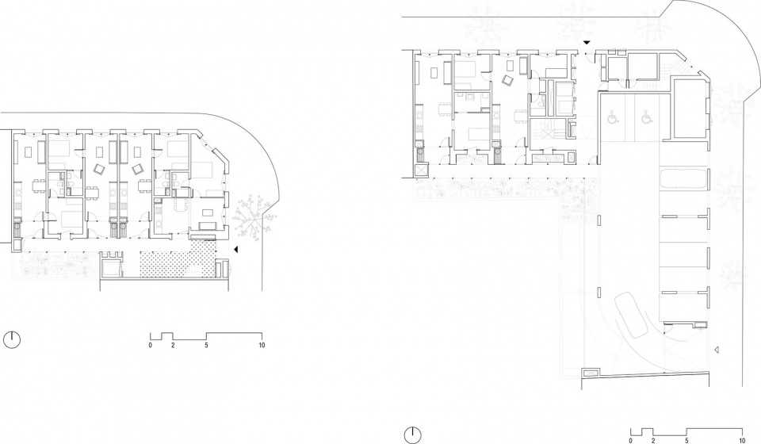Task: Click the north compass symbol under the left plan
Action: click(12, 339)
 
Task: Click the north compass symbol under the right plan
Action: click(412, 435)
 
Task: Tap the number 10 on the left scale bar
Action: click(262, 346)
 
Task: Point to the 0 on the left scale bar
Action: click(151, 346)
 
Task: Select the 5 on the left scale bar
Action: click(206, 346)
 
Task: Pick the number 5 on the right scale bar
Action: click(686, 441)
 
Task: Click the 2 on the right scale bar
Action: click(652, 441)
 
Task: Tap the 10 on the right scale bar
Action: click(742, 441)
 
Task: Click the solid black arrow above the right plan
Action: click(587, 43)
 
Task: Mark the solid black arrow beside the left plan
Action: click(236, 250)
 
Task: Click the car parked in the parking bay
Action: click(683, 178)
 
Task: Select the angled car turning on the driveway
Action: click(632, 316)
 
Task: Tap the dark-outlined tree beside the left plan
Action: click(252, 219)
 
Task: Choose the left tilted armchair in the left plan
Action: click(100, 169)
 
